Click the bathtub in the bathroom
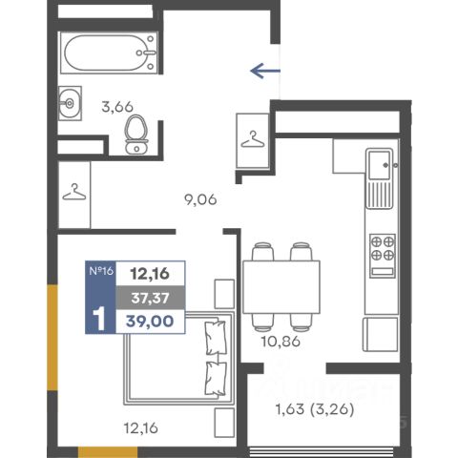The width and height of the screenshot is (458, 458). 109,52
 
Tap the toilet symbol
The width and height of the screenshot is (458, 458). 136,135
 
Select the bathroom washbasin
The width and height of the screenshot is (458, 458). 70,103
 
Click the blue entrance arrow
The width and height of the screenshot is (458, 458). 265,71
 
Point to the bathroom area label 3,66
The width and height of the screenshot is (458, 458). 117,107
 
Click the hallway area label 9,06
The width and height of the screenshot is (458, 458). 200,199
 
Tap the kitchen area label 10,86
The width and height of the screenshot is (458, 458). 281,342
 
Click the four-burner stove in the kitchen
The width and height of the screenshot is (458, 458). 383,256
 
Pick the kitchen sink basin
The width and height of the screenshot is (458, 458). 379,165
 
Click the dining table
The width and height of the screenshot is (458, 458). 281,287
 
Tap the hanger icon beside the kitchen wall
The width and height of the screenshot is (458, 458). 253,139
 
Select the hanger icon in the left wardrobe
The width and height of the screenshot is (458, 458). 74,192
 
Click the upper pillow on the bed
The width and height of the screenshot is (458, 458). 217,338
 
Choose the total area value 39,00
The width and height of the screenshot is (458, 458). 150,322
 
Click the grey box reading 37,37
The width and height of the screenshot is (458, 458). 151,298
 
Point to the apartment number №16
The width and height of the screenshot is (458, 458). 101,271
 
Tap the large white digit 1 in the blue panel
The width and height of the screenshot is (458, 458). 99,319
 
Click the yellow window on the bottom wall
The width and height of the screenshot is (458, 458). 108,452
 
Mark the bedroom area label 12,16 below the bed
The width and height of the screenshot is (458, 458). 141,428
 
